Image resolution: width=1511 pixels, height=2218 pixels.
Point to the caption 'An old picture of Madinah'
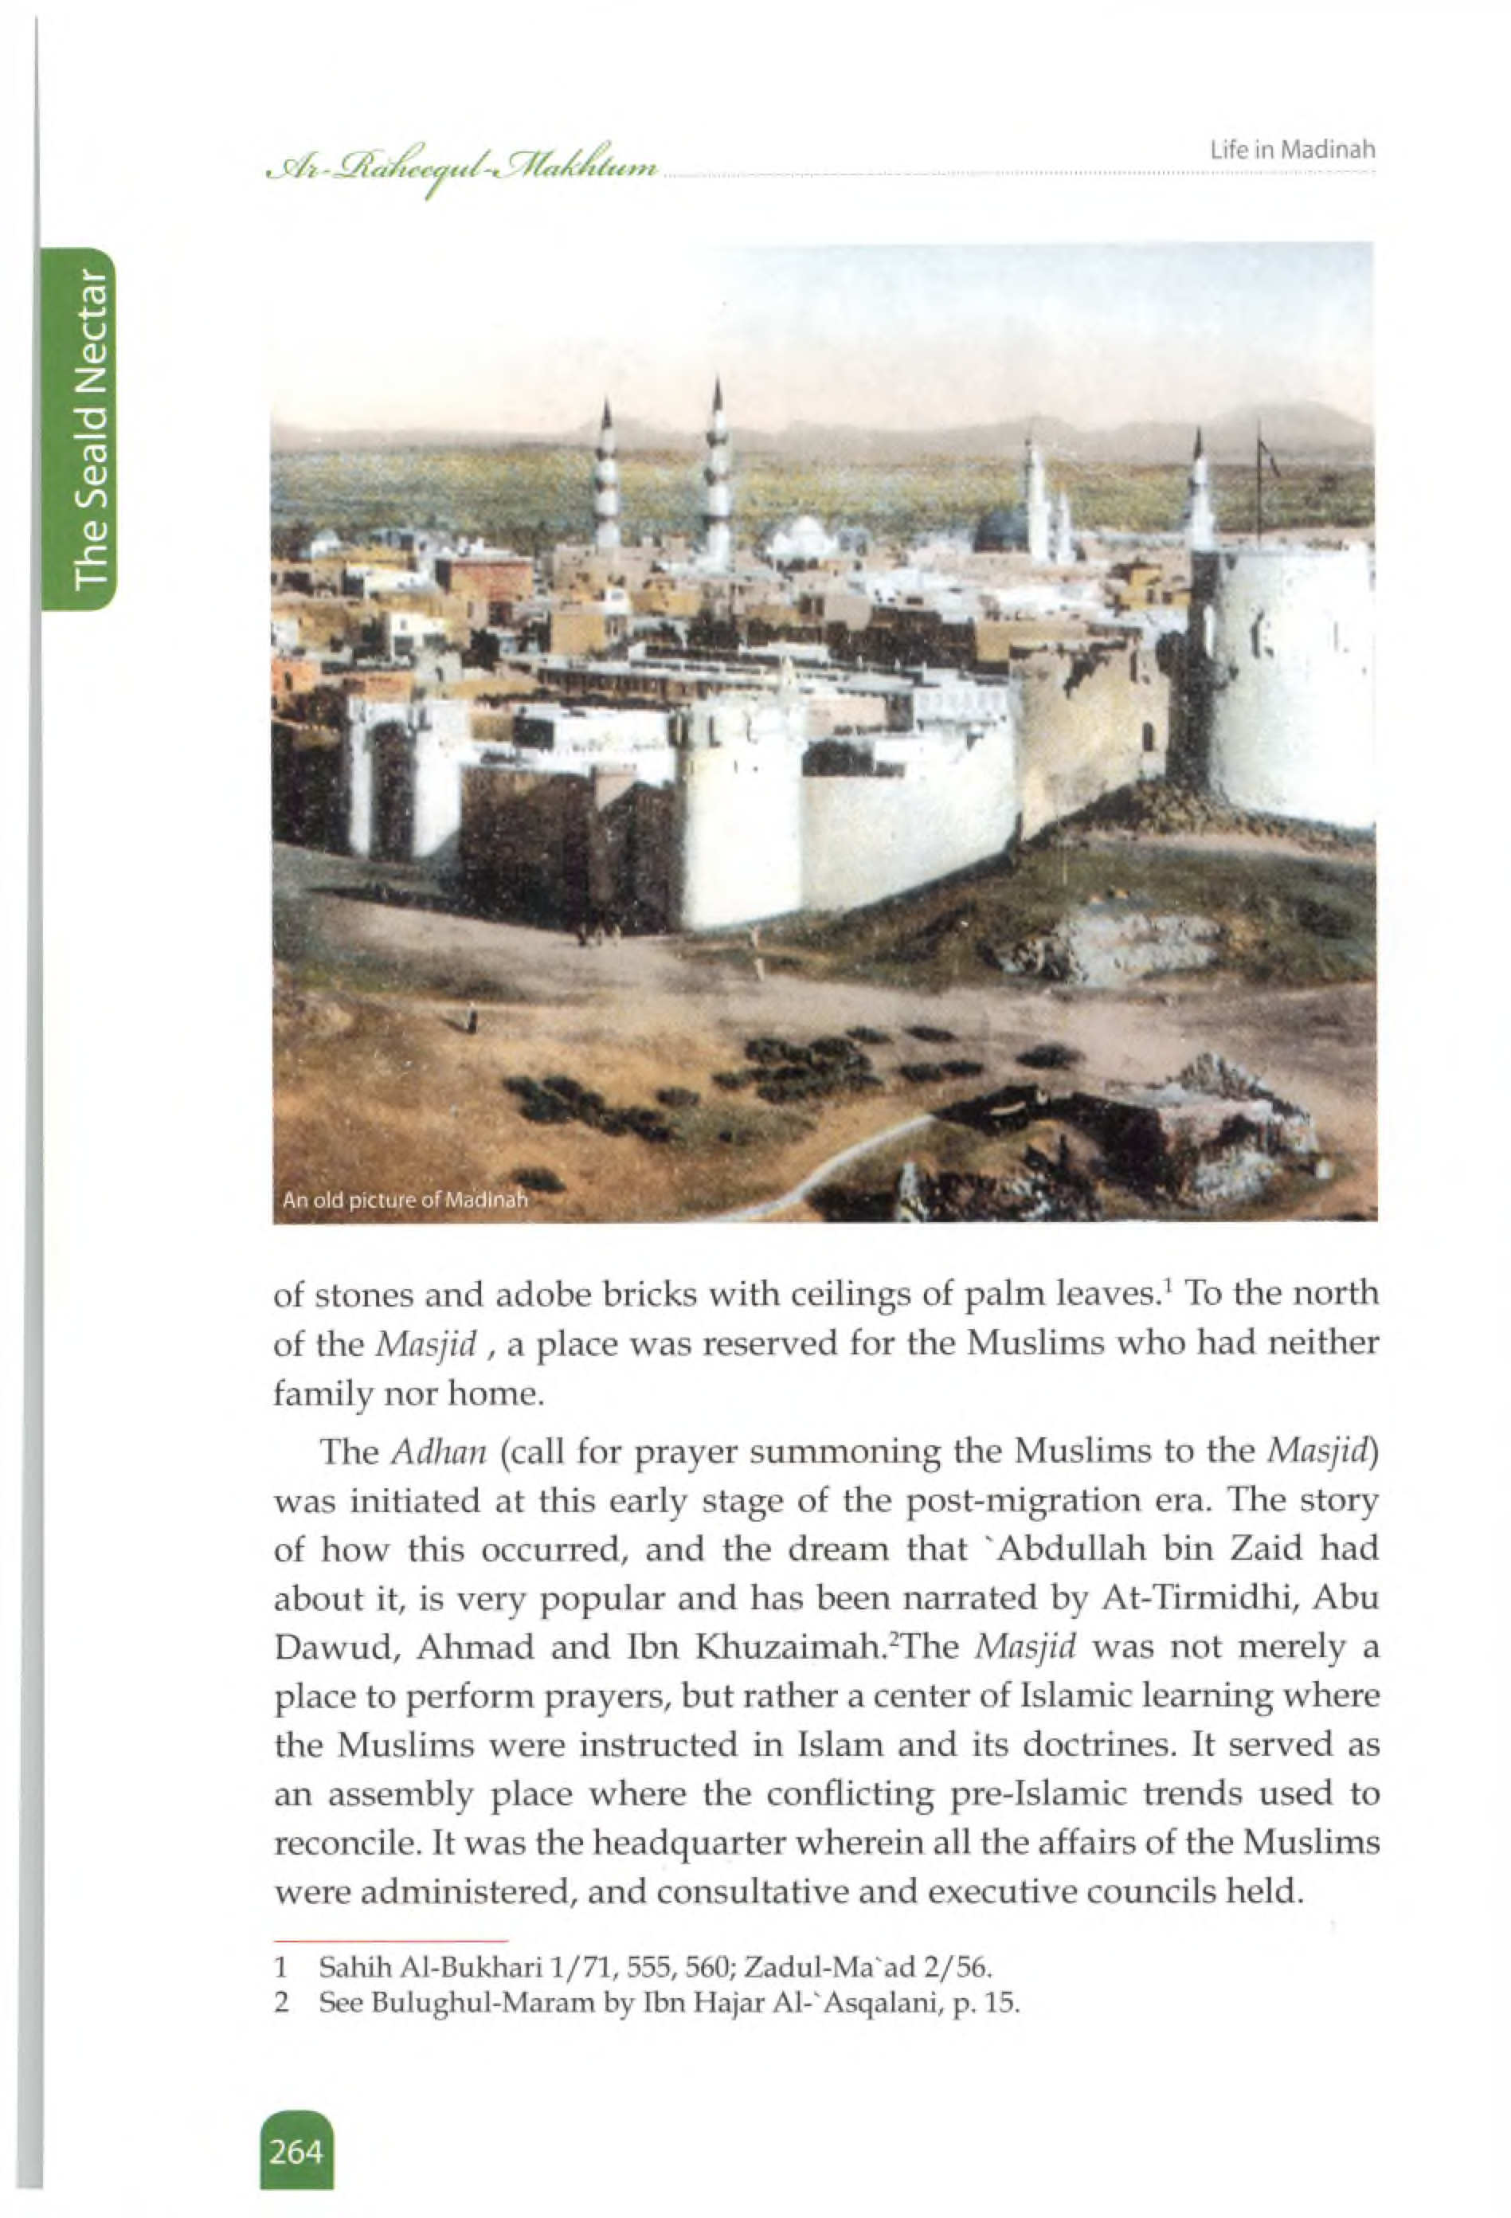point(405,1200)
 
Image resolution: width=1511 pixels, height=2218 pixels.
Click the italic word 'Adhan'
point(439,1452)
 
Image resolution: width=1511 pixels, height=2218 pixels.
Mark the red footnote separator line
point(390,1939)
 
